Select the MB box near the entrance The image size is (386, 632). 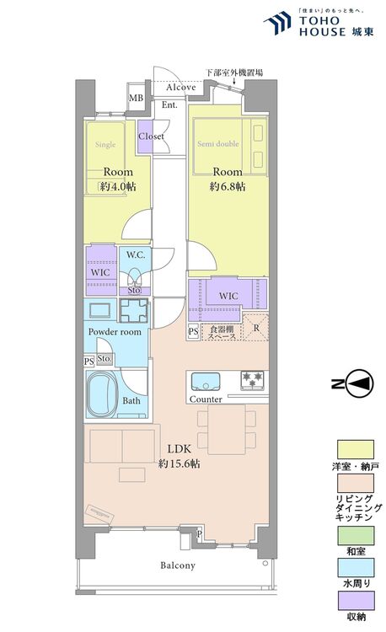click(x=135, y=98)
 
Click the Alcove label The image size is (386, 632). click(x=180, y=88)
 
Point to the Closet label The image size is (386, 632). click(x=152, y=137)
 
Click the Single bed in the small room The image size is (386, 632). click(x=105, y=145)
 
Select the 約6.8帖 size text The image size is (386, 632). click(x=228, y=185)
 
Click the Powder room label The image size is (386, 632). click(x=115, y=332)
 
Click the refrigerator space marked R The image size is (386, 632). click(x=256, y=326)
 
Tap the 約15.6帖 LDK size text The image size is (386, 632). click(x=178, y=463)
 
